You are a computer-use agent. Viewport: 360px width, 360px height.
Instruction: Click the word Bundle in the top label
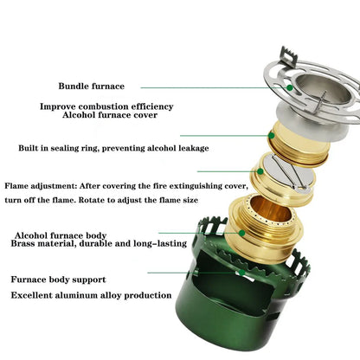pyautogui.click(x=76, y=87)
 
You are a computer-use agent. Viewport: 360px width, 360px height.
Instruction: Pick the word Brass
pyautogui.click(x=26, y=244)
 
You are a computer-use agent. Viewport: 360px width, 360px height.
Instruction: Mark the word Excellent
pyautogui.click(x=36, y=296)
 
